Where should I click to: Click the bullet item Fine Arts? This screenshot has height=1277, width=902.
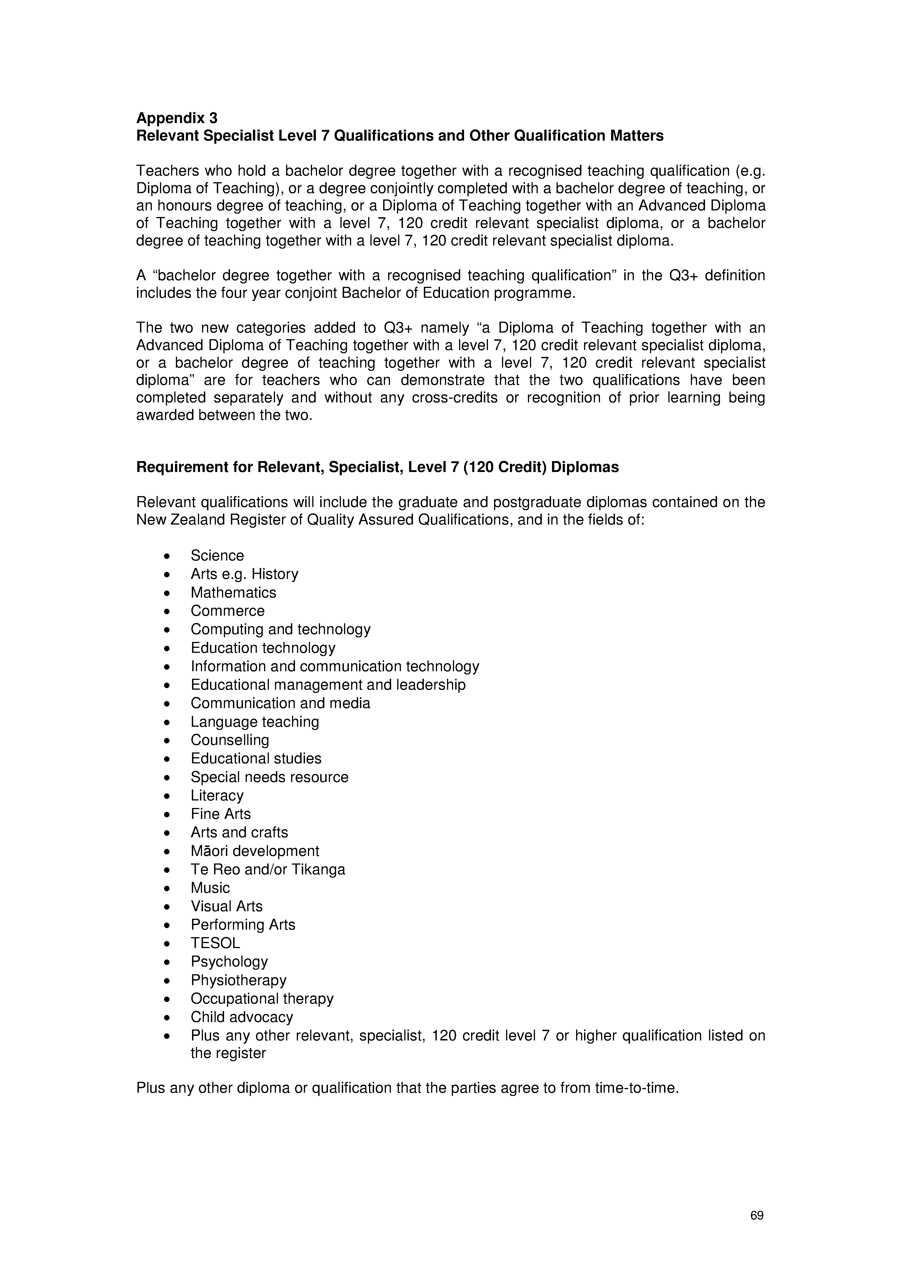pyautogui.click(x=221, y=814)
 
